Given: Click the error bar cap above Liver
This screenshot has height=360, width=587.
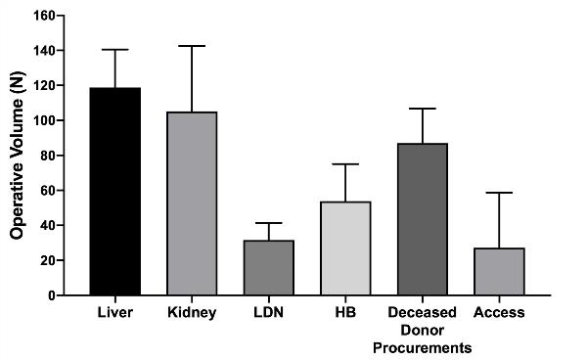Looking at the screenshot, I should tap(115, 50).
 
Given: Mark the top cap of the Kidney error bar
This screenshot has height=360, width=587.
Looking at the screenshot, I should tap(192, 46).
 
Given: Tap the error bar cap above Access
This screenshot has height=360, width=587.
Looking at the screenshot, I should tap(499, 193).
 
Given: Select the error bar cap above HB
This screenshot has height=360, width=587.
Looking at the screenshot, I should tap(345, 164).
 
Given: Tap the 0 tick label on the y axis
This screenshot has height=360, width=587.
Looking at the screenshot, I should tap(49, 295).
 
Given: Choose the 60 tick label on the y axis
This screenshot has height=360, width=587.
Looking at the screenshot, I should tap(45, 191).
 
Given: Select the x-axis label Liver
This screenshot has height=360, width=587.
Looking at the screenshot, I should tap(115, 313).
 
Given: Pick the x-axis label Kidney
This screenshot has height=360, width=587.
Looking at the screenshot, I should tap(192, 313).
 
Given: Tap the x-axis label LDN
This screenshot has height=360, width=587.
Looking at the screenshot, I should tap(268, 313).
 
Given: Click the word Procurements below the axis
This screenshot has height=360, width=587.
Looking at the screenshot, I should tap(422, 347).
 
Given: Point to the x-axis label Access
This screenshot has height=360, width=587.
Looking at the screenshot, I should tap(499, 313).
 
